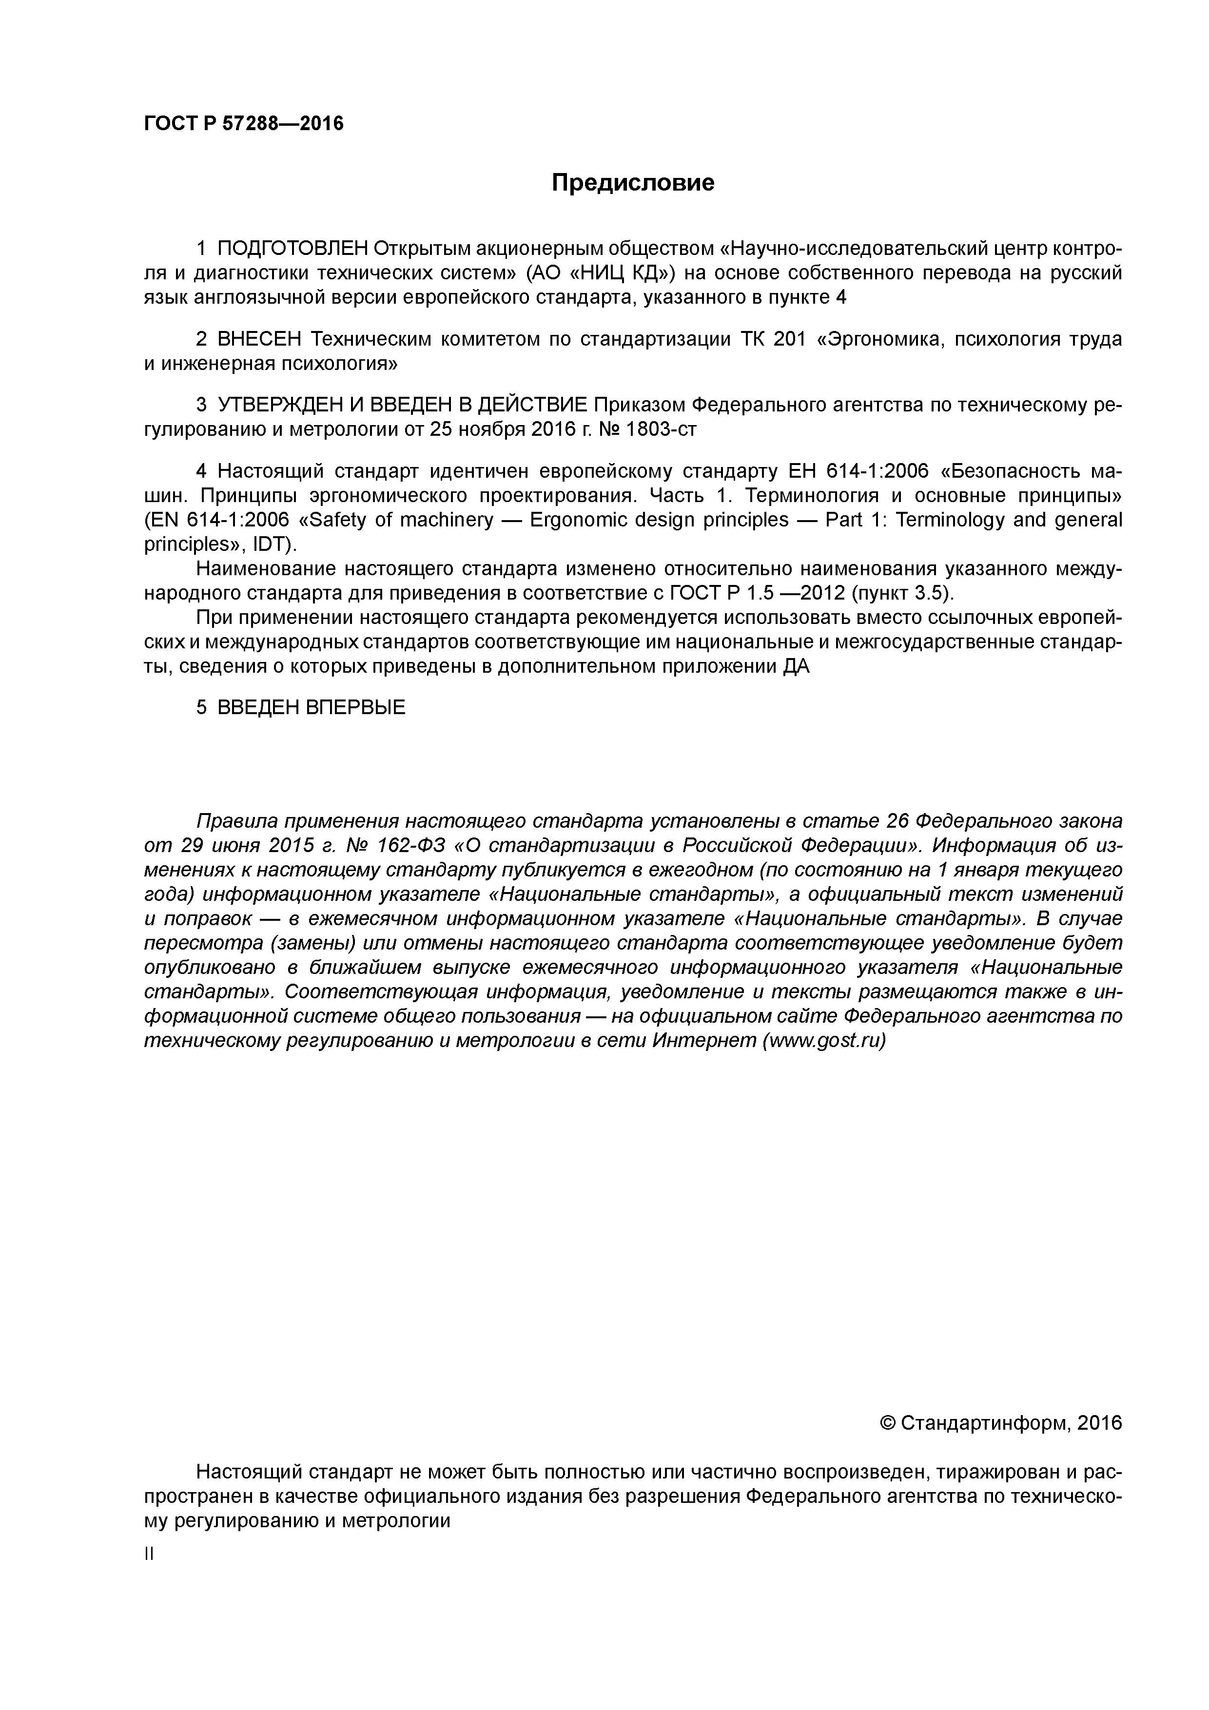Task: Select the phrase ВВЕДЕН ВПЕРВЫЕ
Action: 312,707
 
